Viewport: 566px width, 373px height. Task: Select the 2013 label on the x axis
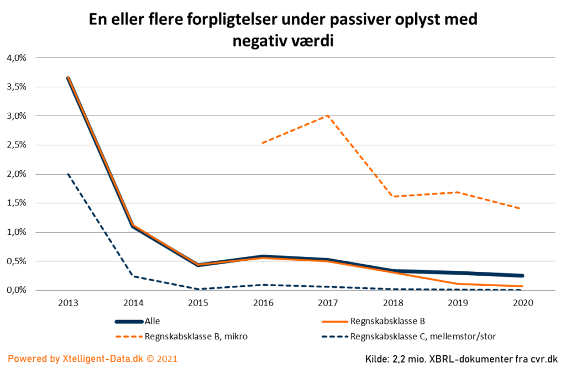click(69, 303)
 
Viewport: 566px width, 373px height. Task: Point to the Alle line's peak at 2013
click(69, 78)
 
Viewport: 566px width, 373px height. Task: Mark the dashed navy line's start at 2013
click(69, 174)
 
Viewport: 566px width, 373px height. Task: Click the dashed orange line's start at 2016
click(263, 143)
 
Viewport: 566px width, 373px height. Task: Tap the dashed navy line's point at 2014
click(133, 276)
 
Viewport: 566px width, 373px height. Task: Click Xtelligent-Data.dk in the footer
click(102, 359)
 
